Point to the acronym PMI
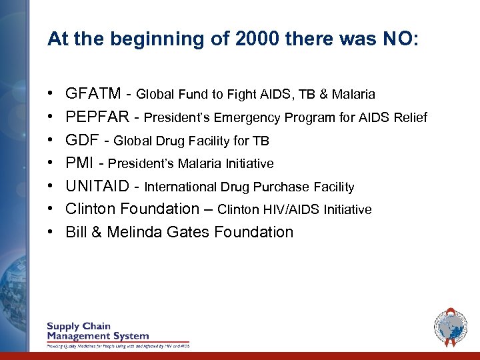[x=79, y=163]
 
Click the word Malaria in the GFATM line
[x=353, y=95]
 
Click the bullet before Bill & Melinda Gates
[x=51, y=233]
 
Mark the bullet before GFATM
[x=51, y=95]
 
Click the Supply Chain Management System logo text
[x=97, y=331]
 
